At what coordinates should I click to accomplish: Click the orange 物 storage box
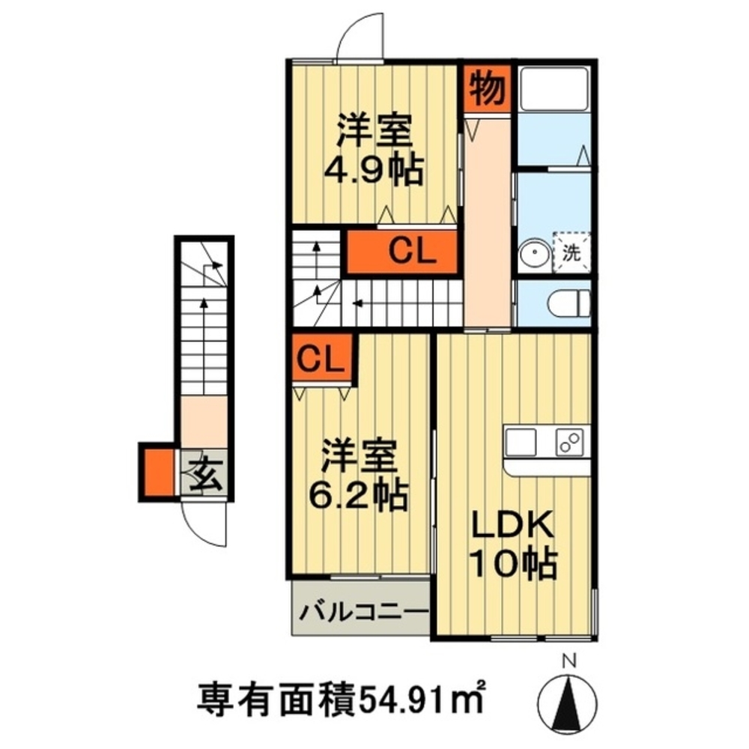tap(486, 89)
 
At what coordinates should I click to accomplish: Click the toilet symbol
tap(568, 303)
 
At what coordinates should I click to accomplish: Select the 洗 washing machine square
tap(571, 253)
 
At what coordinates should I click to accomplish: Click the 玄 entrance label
tap(204, 475)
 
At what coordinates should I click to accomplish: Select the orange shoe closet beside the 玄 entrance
tap(158, 471)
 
